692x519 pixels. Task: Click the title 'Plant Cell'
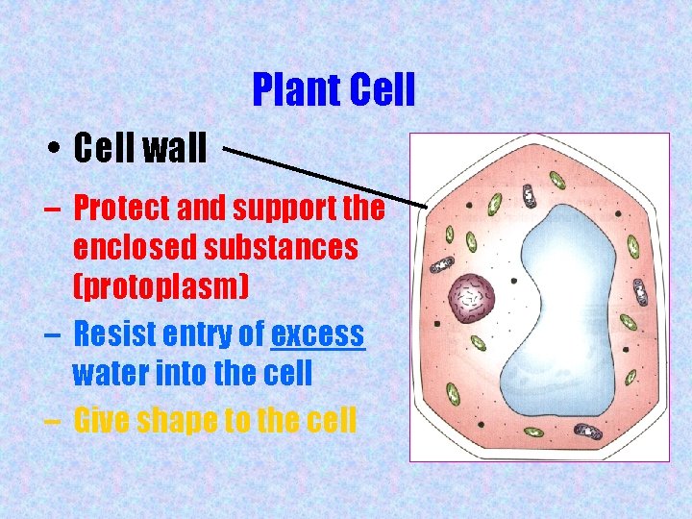coord(333,90)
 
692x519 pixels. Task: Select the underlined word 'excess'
coord(318,334)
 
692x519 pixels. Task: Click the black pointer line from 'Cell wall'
coord(327,177)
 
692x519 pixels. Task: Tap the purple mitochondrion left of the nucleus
coord(443,265)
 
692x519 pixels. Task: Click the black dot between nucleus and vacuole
coord(513,281)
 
